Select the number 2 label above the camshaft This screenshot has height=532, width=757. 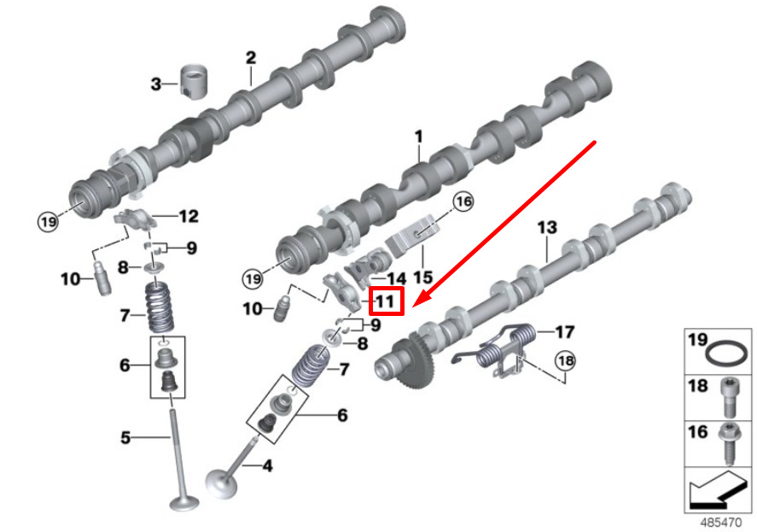[x=251, y=58]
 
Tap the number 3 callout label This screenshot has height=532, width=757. [x=155, y=84]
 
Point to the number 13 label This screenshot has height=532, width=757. [x=547, y=228]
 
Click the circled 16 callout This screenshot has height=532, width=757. [x=463, y=201]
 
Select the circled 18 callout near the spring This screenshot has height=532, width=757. [x=565, y=360]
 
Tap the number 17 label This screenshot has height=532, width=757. [x=564, y=332]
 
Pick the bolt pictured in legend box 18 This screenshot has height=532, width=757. [x=728, y=398]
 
